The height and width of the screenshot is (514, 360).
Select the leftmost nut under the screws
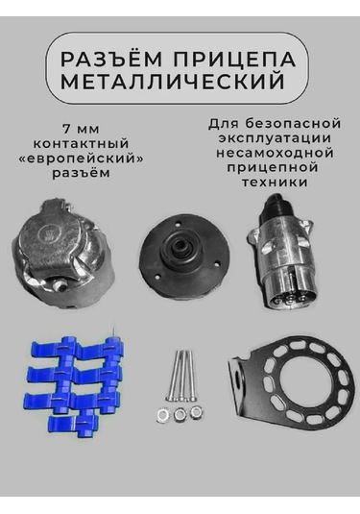coord(160,413)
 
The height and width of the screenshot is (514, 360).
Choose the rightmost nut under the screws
coord(197,413)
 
